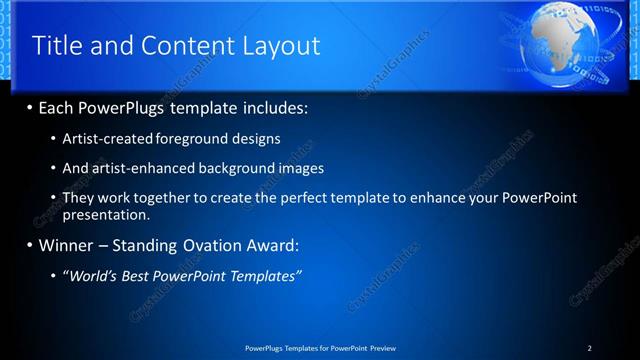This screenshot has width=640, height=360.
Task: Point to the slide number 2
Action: tap(590, 347)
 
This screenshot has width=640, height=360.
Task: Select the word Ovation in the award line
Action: tap(192, 245)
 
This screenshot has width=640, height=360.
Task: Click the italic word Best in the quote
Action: tap(151, 275)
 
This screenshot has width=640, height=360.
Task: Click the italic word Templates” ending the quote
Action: tap(267, 275)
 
